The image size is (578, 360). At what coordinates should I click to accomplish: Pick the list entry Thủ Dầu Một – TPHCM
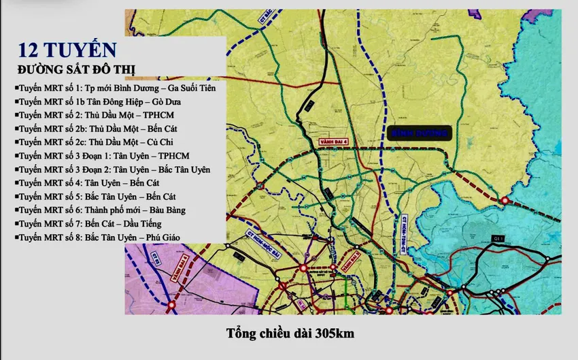pos(88,115)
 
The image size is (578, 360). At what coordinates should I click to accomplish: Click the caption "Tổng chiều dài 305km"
pos(290,333)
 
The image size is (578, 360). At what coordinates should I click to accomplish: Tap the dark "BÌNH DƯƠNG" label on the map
pos(420,134)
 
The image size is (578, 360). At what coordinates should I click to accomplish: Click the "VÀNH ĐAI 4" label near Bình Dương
pos(334,142)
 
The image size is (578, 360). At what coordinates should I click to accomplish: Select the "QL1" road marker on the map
pos(500,237)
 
